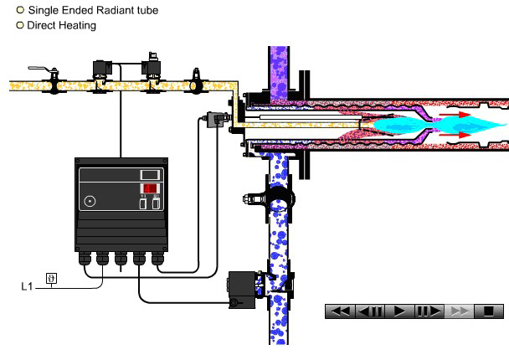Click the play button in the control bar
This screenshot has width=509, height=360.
coord(399,311)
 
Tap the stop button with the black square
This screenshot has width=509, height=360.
coord(487,311)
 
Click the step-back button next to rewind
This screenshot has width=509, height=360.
coord(370,311)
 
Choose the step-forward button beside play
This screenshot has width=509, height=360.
coord(429,311)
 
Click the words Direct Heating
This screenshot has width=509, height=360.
coord(61,25)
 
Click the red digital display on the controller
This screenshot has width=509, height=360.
coord(150,188)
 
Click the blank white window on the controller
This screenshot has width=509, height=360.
coord(150,173)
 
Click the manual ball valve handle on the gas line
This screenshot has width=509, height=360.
coord(39,69)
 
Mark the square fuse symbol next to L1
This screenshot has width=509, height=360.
coord(51,278)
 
